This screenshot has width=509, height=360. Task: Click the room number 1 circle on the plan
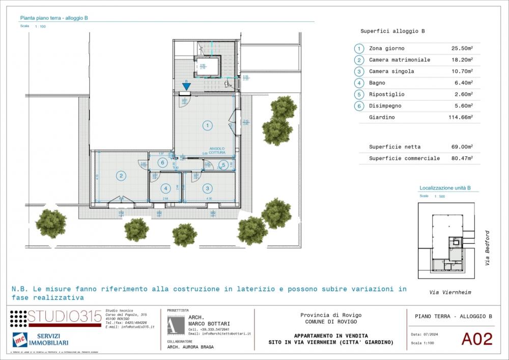tap(207, 125)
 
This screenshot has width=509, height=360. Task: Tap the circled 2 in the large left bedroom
tap(121, 176)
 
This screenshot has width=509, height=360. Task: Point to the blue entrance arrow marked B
tap(186, 87)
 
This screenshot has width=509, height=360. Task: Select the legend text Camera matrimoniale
tap(400, 60)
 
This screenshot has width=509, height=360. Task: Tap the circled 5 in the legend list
tap(359, 95)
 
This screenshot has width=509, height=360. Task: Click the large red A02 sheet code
tap(477, 339)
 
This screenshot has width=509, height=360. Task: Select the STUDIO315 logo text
tap(65, 317)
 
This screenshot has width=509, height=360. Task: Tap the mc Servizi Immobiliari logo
tap(41, 340)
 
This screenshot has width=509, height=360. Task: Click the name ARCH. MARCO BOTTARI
tap(209, 321)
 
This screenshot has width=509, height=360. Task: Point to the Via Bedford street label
tap(487, 248)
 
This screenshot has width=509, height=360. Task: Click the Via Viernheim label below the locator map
tap(450, 293)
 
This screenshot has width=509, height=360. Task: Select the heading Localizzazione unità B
tap(445, 188)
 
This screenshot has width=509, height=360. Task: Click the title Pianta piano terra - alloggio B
tap(54, 18)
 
